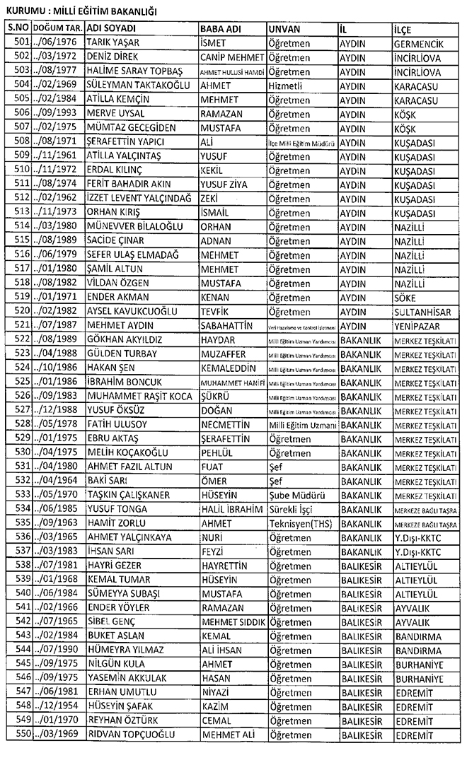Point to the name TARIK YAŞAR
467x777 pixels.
click(x=110, y=42)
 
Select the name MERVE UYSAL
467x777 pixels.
click(x=115, y=114)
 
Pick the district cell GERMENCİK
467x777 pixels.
click(x=422, y=42)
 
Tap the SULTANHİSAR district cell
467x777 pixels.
click(x=425, y=312)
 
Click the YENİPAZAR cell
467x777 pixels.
click(x=419, y=326)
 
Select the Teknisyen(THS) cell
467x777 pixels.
click(x=301, y=523)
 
